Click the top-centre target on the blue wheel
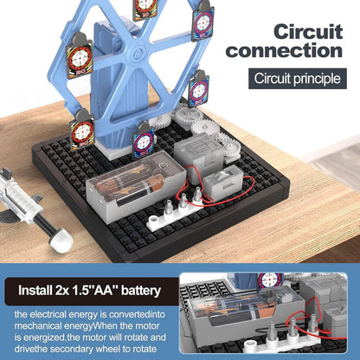[x=144, y=7]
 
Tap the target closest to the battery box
[x=143, y=139]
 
